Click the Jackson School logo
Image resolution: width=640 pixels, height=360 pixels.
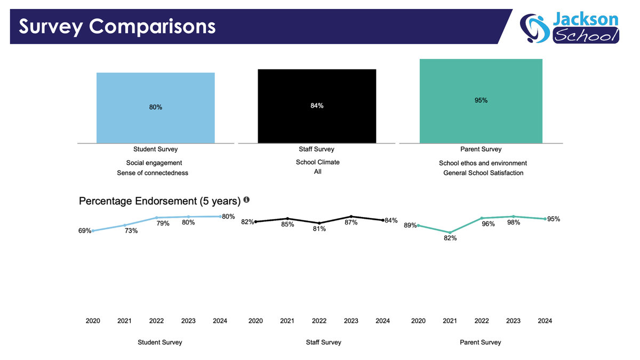point(569,28)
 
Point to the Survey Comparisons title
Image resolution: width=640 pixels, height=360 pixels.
point(117,26)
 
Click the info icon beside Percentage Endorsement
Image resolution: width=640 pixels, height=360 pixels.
point(246,200)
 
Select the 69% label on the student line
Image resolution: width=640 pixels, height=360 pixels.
point(85,231)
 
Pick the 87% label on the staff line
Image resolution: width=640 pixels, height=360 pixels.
point(351,222)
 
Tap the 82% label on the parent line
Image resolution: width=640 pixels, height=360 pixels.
point(450,238)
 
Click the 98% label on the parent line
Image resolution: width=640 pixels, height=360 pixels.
point(514,223)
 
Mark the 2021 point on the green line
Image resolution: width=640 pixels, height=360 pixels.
point(450,233)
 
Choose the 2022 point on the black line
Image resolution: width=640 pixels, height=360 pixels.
point(319,223)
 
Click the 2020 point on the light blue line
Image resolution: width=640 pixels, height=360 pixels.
point(93,231)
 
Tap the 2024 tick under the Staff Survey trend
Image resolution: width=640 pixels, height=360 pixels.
point(383,321)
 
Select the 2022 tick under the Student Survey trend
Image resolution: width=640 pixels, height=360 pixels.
point(156,321)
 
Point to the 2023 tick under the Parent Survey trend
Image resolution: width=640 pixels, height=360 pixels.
point(514,321)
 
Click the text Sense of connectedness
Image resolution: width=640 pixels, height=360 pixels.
point(153,173)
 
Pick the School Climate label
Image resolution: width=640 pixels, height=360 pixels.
point(318,162)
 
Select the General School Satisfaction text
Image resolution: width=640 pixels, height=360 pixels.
point(483,173)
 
